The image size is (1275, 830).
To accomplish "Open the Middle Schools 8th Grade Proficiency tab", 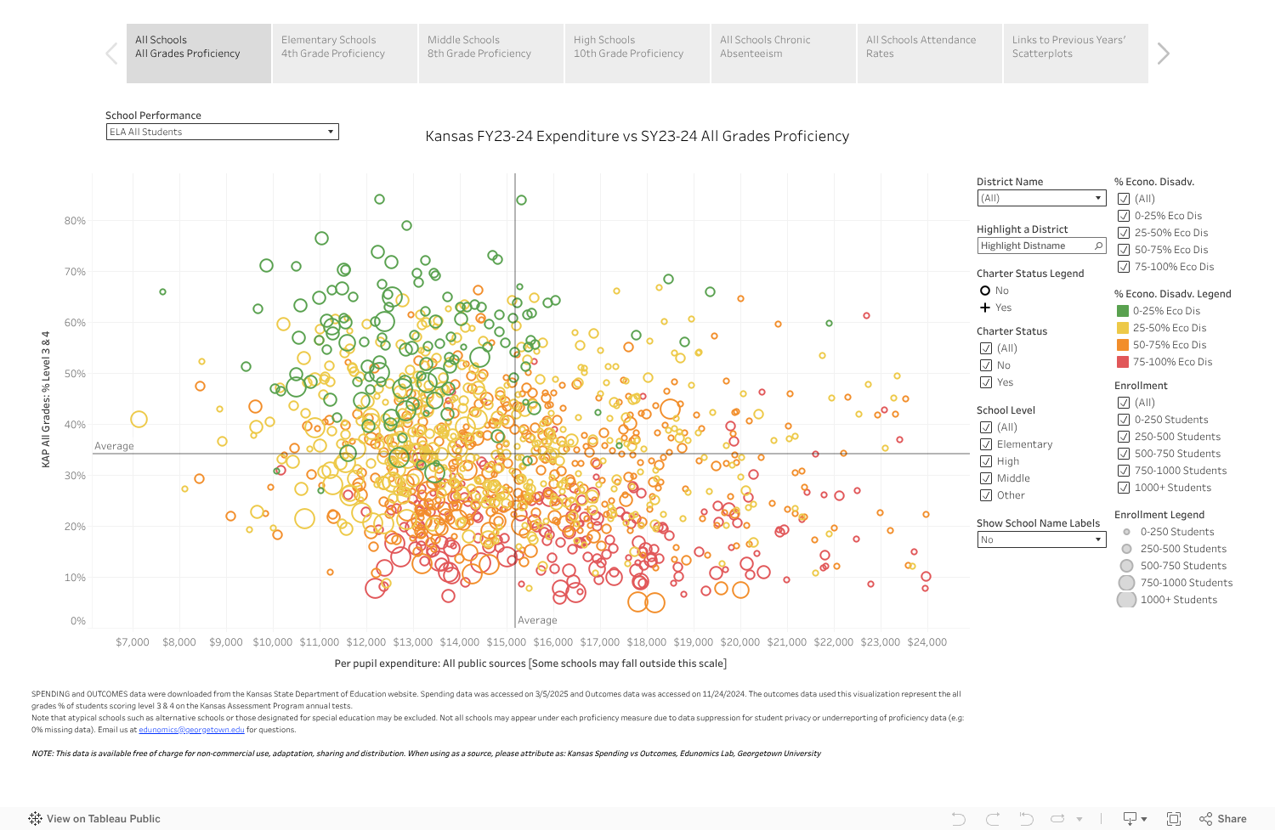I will (x=490, y=53).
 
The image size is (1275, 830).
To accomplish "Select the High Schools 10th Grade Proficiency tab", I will (x=637, y=53).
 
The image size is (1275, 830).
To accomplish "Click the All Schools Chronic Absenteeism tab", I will (x=783, y=53).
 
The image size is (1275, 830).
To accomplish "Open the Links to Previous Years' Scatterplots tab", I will (x=1075, y=53).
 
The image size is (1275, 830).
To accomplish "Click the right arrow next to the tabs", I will (x=1164, y=54).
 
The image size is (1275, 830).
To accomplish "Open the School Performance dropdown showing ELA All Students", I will (x=222, y=132).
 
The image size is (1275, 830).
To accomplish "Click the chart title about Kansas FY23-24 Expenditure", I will (x=637, y=136).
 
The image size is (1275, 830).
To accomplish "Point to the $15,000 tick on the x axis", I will (x=507, y=642).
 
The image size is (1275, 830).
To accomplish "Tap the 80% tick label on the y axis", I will (x=75, y=221).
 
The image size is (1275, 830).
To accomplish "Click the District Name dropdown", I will (x=1041, y=198).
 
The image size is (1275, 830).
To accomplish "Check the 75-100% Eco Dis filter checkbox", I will (x=1124, y=267).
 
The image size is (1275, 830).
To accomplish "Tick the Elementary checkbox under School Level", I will (x=986, y=444).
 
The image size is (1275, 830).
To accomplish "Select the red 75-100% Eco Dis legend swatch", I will (x=1123, y=362).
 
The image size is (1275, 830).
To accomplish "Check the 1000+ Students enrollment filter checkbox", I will (x=1124, y=488).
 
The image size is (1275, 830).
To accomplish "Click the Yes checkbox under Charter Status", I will (x=986, y=382).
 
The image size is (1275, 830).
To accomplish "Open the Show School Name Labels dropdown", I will (x=1041, y=539).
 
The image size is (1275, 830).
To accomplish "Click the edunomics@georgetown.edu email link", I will (x=191, y=730).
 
